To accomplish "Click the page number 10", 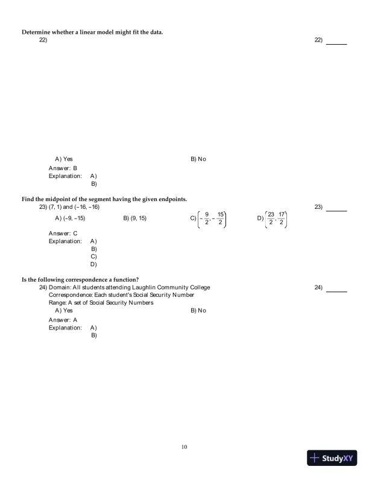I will [184, 447].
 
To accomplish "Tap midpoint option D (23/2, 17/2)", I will [273, 218].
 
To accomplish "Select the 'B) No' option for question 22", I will [198, 159].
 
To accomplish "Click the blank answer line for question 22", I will [336, 43].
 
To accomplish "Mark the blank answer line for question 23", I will [336, 211].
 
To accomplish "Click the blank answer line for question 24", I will [336, 291].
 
